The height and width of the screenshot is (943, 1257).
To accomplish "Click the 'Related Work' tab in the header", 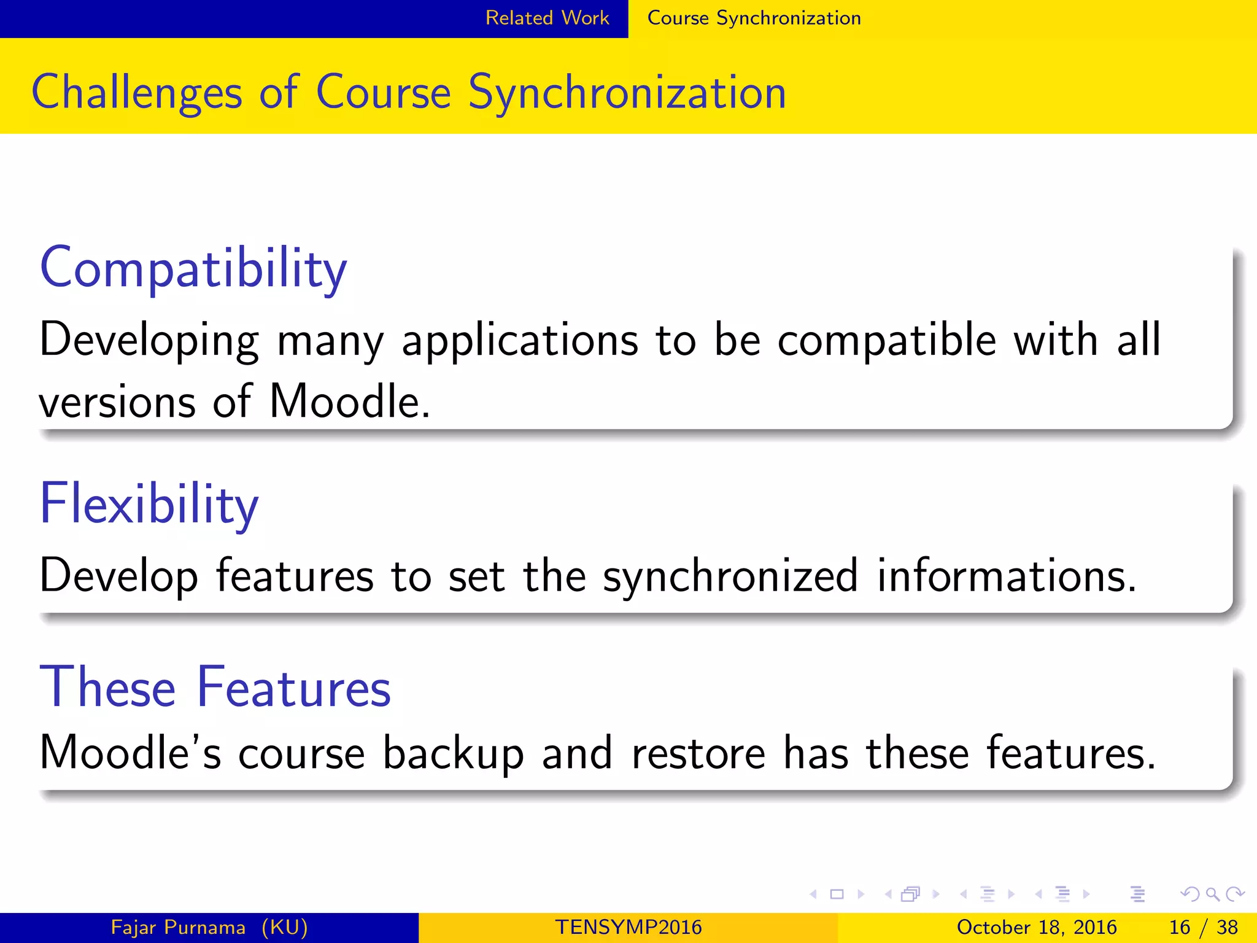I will tap(547, 18).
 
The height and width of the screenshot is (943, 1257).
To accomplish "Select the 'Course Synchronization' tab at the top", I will tap(754, 18).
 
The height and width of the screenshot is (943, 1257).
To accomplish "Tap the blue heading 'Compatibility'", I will tap(193, 269).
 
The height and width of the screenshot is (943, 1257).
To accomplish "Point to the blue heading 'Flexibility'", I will tap(149, 505).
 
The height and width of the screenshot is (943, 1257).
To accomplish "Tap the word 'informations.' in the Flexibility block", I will tap(1007, 576).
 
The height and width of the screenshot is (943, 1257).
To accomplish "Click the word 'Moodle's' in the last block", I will tap(130, 753).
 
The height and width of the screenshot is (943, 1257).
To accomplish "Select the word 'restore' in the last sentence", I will tap(698, 753).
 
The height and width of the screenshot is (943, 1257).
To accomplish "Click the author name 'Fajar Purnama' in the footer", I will tap(178, 927).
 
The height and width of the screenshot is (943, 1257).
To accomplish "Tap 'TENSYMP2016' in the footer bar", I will tap(628, 927).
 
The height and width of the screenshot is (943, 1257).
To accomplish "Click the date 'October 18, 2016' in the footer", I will tap(1037, 927).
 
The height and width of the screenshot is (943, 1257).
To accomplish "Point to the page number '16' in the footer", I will tap(1180, 927).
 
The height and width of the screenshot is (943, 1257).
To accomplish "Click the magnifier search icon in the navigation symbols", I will tap(1212, 894).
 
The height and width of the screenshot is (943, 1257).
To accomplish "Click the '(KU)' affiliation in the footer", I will tap(285, 927).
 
